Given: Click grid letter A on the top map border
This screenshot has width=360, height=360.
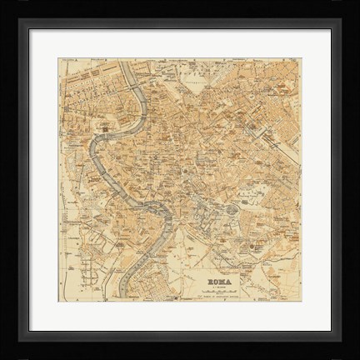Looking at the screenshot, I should click(x=83, y=60).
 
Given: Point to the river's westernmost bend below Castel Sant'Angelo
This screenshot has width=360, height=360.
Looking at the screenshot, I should click(x=95, y=158).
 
